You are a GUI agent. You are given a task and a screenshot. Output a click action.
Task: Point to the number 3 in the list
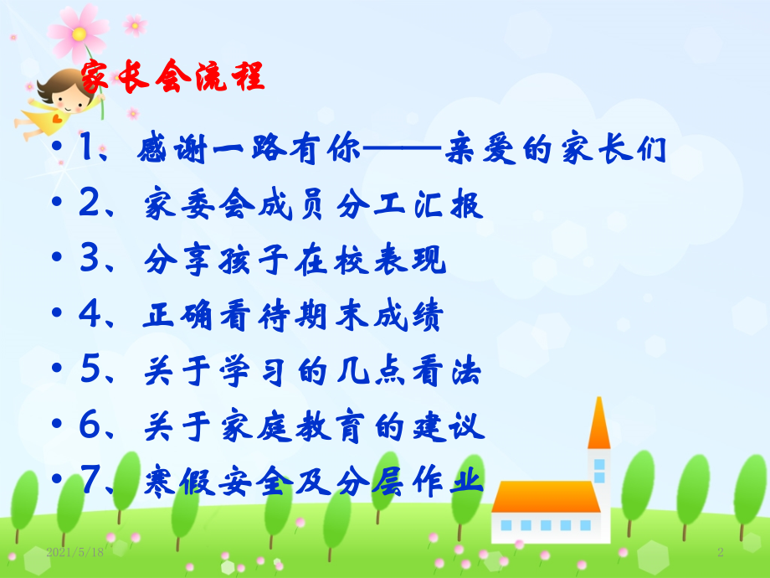click(90, 261)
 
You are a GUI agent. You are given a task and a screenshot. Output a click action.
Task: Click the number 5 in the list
click(90, 372)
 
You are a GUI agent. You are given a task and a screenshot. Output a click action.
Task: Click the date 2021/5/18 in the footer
click(75, 552)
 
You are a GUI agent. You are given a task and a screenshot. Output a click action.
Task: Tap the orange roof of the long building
click(545, 495)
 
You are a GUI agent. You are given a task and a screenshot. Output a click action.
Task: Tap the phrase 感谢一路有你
click(249, 151)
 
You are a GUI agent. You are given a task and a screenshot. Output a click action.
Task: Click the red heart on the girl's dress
click(56, 118)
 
